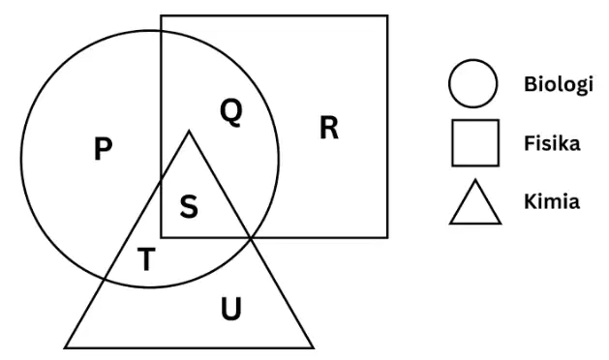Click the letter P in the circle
point(104,149)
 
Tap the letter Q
point(231,112)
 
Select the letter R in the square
point(329,128)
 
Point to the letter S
point(189,206)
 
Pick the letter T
point(147,259)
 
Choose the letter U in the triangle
point(231,309)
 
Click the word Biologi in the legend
point(559,84)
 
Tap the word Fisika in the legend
point(552,143)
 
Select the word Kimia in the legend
point(552,201)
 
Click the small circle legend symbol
point(472,83)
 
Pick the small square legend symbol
point(475,143)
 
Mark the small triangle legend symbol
point(475,202)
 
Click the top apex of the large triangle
point(189,132)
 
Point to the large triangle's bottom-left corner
point(65,347)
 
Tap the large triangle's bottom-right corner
point(313,347)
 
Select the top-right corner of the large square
point(387,15)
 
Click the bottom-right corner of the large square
point(387,237)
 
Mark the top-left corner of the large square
point(161,15)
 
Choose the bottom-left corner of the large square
point(161,237)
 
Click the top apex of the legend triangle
point(475,180)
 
